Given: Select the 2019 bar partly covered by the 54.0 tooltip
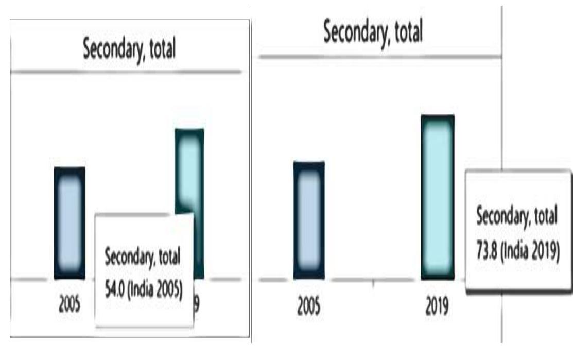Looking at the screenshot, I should (x=189, y=170).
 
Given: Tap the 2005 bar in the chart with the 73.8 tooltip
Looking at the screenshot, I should (x=309, y=220).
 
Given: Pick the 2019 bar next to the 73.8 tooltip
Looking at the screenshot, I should (x=438, y=197).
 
